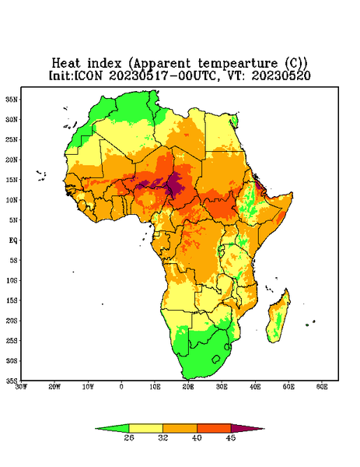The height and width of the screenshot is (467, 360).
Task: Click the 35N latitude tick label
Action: (x=12, y=100)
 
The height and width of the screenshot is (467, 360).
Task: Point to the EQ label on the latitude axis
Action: (x=13, y=240)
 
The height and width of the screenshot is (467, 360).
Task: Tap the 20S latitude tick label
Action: (x=12, y=321)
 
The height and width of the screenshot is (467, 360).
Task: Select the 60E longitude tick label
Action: (x=322, y=387)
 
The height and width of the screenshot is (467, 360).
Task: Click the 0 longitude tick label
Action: (x=121, y=387)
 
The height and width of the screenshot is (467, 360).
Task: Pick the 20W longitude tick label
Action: (x=54, y=387)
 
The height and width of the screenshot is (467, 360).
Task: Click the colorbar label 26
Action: (x=129, y=437)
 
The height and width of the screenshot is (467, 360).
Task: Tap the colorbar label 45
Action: (x=231, y=437)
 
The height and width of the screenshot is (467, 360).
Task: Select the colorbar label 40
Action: (x=197, y=437)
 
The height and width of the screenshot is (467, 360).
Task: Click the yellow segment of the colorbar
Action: (x=145, y=428)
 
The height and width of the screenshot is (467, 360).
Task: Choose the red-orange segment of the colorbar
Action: (x=214, y=428)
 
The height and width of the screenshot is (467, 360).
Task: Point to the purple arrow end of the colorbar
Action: (x=246, y=428)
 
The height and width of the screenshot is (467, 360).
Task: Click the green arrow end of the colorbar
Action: (x=114, y=428)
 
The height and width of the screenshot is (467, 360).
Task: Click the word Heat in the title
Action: (x=66, y=64)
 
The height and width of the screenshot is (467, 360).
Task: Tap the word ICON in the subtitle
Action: (x=88, y=75)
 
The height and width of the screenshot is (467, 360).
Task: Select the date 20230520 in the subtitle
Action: (x=281, y=75)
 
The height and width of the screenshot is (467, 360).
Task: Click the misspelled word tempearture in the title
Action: (x=238, y=64)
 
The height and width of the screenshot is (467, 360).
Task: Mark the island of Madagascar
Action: (x=278, y=318)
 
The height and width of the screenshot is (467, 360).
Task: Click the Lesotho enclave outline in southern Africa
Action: (x=216, y=359)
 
